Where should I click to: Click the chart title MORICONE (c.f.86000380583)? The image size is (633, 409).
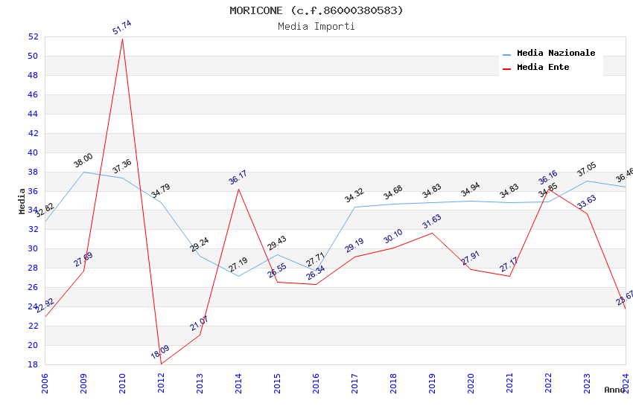coord(316,10)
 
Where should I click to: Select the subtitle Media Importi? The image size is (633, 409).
coord(316,27)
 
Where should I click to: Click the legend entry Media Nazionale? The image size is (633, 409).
coord(556,54)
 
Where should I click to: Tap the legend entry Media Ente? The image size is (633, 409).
coord(543,68)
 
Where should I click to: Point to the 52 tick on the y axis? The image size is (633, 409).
coord(33,37)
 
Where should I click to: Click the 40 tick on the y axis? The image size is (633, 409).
coord(33,152)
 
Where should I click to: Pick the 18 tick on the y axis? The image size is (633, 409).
coord(33,364)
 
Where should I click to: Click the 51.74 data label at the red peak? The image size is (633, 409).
coord(122,28)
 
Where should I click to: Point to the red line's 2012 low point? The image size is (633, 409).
coord(161,364)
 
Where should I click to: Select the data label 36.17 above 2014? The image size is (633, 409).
coord(238,178)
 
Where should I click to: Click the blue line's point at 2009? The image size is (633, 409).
coord(83,172)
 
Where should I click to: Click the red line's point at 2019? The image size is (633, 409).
coord(432,233)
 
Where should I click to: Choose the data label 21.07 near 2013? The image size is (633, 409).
coord(200,323)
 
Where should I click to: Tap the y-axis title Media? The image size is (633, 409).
coord(22,201)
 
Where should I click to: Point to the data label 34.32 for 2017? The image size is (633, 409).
coord(354,197)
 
